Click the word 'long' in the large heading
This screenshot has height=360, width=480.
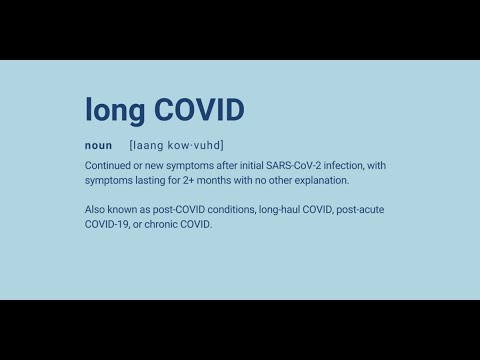(x=112, y=109)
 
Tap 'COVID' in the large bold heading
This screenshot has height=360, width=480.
(x=194, y=109)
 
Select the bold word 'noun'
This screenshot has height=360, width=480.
(x=98, y=145)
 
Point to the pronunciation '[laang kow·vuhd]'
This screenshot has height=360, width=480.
(x=176, y=145)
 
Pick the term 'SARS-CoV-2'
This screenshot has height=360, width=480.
(x=299, y=165)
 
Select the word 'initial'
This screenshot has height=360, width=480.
(x=255, y=165)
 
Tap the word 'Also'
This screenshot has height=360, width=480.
(x=96, y=209)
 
